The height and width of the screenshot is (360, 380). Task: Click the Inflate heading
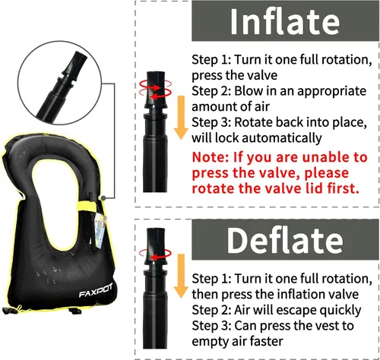(285, 22)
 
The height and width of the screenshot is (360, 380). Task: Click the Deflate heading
(285, 240)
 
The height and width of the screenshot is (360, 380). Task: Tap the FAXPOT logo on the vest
(95, 291)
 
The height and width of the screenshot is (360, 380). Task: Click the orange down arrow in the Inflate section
(181, 118)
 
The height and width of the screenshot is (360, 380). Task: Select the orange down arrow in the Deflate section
(181, 276)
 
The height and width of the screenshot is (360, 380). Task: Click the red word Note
(210, 157)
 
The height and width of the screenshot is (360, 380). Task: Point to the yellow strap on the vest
(87, 205)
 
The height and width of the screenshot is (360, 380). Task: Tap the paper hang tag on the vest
(100, 230)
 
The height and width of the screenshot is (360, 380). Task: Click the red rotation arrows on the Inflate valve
(155, 90)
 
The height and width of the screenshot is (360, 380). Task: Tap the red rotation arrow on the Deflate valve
(155, 254)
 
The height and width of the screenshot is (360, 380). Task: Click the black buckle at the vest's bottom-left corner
(9, 310)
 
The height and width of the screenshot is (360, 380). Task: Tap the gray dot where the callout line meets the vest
(103, 198)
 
